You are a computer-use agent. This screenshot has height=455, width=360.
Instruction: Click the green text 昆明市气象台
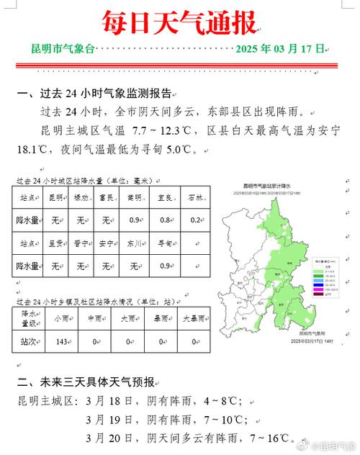click(63, 49)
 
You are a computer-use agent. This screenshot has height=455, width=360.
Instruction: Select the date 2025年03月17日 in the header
click(281, 49)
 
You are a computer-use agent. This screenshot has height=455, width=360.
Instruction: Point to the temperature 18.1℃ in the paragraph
click(31, 150)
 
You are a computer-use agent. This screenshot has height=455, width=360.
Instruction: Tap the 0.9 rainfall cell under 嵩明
click(134, 220)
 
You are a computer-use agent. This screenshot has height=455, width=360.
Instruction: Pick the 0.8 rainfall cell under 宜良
click(164, 220)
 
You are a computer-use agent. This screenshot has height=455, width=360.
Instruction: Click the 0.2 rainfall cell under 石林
click(195, 220)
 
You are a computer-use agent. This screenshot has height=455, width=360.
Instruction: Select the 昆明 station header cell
click(55, 197)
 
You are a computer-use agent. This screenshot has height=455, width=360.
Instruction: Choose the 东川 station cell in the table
click(135, 243)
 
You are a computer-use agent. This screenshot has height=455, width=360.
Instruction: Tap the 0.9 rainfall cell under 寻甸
click(164, 266)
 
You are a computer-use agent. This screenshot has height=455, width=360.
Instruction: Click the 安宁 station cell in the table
click(106, 243)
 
